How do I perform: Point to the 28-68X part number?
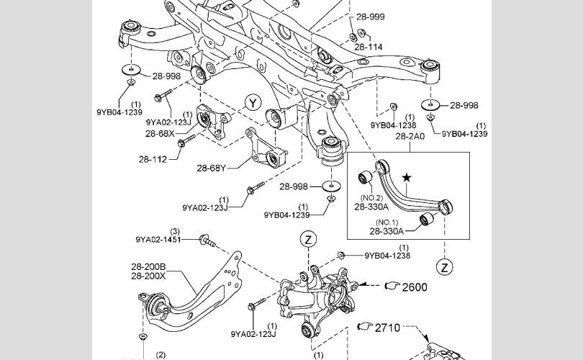160,133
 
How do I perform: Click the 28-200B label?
148,266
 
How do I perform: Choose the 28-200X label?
148,276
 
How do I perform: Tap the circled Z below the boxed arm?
446,267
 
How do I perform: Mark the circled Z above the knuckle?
308,238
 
